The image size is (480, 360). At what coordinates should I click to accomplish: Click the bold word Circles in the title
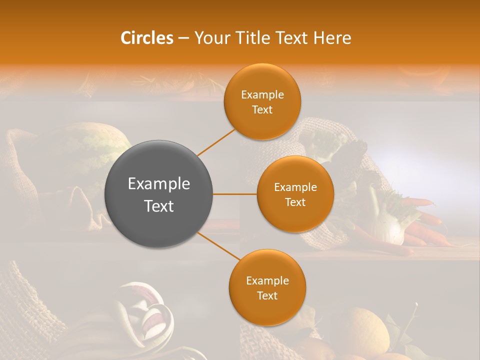point(146,38)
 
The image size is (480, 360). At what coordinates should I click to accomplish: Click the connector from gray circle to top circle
point(216,142)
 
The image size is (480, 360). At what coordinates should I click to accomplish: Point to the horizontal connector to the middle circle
point(234,194)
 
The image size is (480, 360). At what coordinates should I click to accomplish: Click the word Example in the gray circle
point(158,184)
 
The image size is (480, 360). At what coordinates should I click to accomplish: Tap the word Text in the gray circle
point(158,206)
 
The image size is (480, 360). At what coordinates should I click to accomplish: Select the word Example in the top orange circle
point(262,95)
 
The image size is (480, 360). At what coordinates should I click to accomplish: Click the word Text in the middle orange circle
point(295,202)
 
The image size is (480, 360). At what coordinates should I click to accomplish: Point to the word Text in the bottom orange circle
point(267,296)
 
